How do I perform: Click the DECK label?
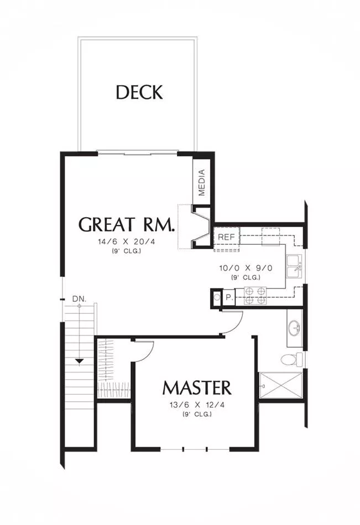[139, 92]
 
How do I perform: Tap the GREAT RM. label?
[127, 224]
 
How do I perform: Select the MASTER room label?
[197, 388]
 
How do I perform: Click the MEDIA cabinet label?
[201, 182]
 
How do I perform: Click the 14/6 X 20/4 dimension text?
[127, 242]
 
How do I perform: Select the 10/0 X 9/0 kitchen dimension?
[246, 268]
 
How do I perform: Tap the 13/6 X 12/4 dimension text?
[197, 405]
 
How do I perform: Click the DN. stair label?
[80, 299]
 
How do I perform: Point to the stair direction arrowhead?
[79, 361]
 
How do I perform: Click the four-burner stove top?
[255, 296]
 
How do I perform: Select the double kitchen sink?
[294, 266]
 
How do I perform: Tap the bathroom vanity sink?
[295, 328]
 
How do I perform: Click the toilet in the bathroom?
[291, 360]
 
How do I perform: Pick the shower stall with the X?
[281, 385]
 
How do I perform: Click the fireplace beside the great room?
[201, 227]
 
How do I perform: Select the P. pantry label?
[229, 297]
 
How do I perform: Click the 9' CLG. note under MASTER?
[197, 414]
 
